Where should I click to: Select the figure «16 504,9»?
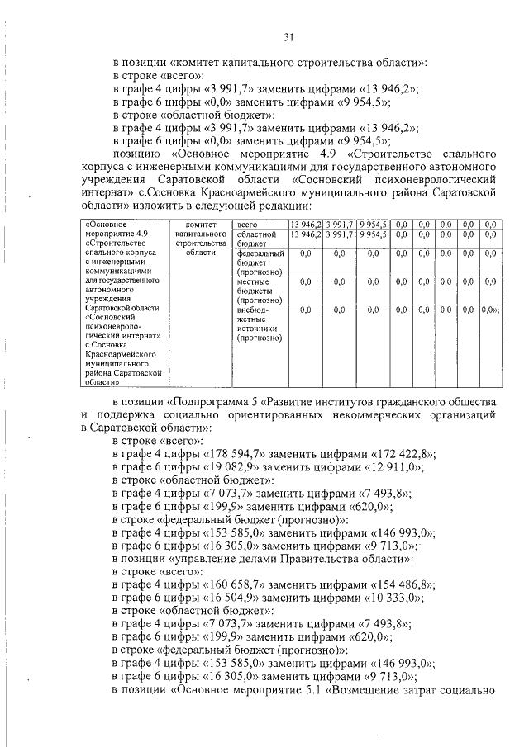[230, 598]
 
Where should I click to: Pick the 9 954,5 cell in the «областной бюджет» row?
[374, 234]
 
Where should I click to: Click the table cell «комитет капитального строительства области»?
[201, 239]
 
